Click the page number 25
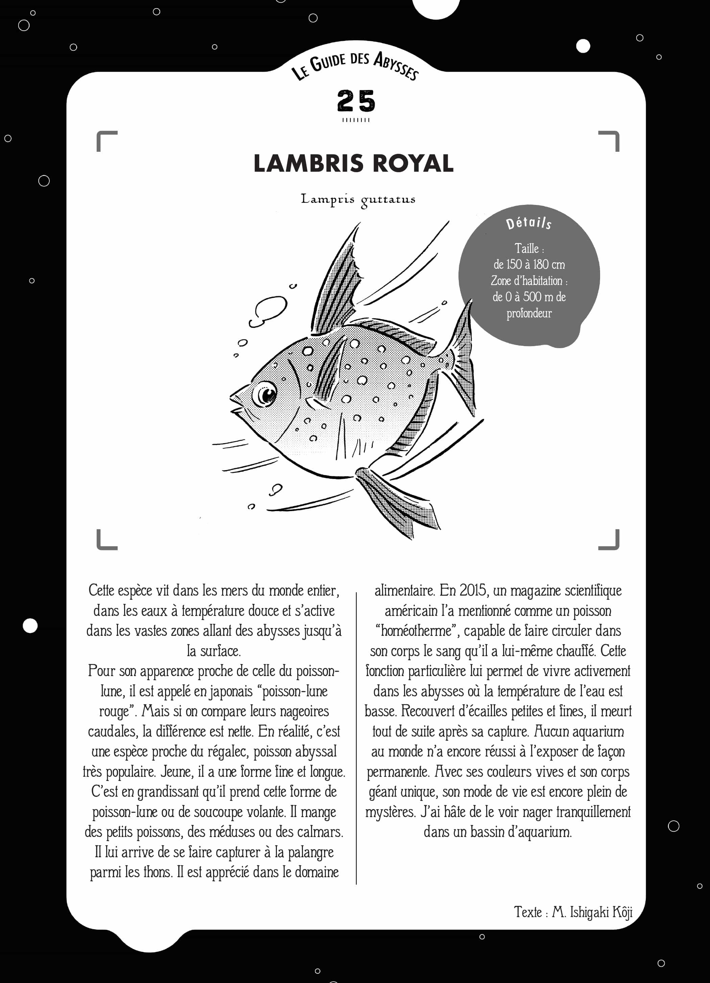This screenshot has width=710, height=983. pos(355,101)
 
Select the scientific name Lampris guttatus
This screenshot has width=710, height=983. pos(358,199)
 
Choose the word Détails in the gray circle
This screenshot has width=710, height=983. pos(528,223)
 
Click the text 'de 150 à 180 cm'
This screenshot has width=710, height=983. pos(529,264)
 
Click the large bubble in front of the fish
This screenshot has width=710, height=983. pos(269,310)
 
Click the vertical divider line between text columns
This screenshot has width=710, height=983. pos(356,737)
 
